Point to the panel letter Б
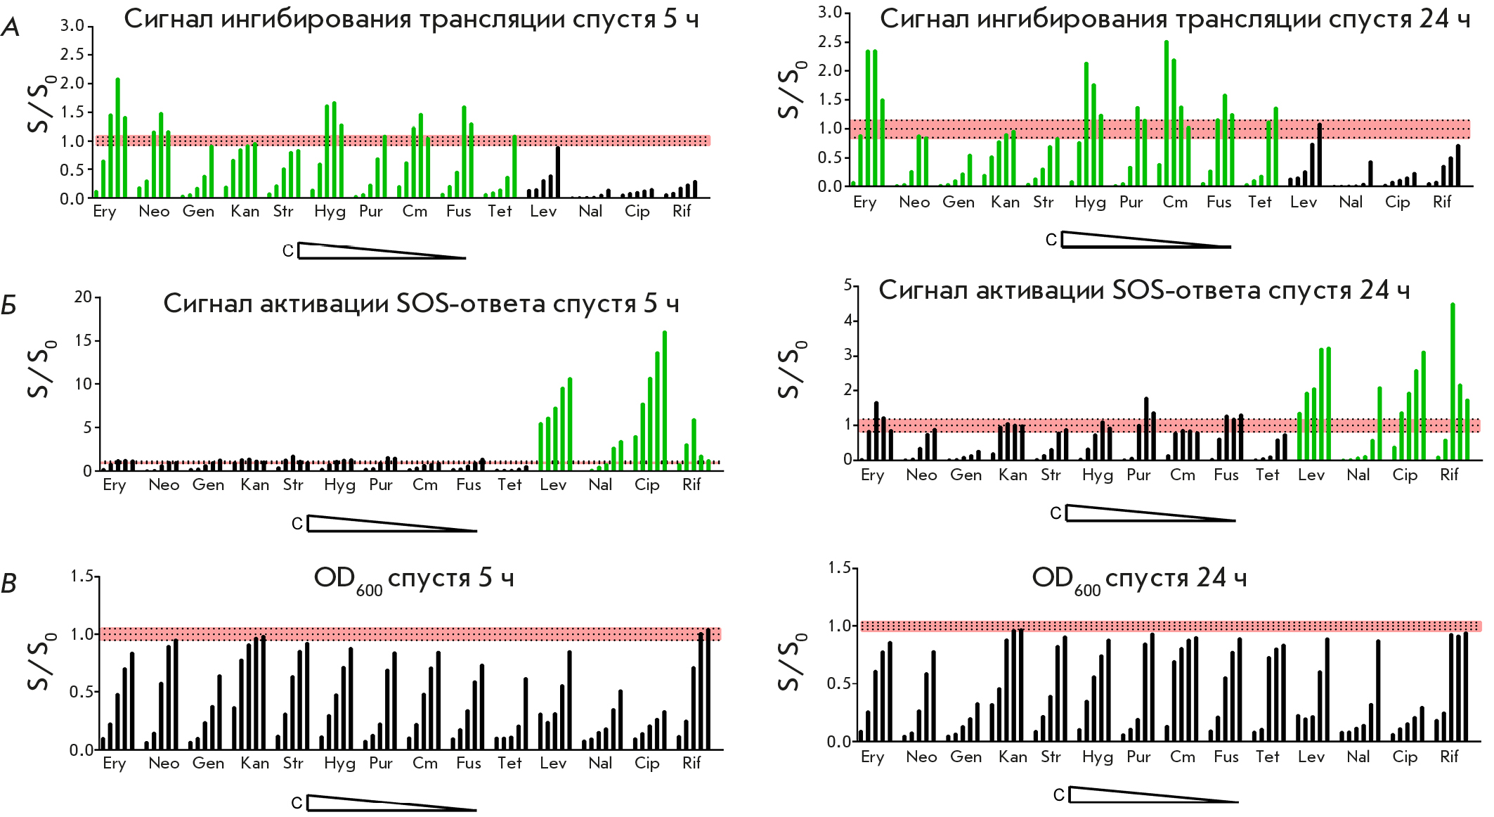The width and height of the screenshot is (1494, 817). [x=8, y=305]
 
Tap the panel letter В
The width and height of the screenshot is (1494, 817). [x=9, y=584]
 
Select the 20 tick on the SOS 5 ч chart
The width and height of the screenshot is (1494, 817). [x=83, y=297]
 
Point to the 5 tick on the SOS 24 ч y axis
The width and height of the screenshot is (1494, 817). [x=847, y=285]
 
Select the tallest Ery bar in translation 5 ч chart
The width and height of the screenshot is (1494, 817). [x=118, y=138]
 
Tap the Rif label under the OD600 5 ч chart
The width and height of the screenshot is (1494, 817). [x=691, y=764]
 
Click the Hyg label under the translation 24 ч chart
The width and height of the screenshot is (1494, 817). [x=1090, y=203]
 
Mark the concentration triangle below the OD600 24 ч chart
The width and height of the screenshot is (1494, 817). [x=1152, y=795]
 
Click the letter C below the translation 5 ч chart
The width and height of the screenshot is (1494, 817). [x=287, y=251]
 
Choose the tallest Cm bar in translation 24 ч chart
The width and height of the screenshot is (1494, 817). [x=1167, y=113]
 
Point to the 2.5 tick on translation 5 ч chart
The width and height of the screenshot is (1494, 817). [x=72, y=55]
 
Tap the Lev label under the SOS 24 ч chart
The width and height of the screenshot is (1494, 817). [x=1311, y=475]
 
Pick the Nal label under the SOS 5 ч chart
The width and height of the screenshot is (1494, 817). [x=600, y=485]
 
